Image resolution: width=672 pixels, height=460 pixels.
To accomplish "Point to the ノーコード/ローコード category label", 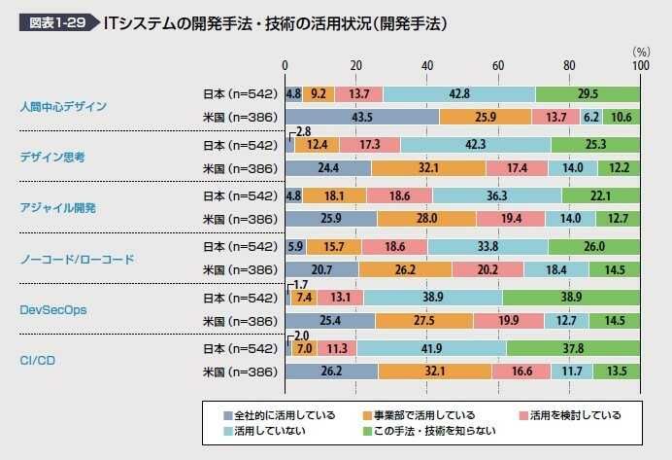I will click(x=77, y=260).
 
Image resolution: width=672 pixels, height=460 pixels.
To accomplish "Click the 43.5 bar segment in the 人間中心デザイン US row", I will click(x=362, y=117).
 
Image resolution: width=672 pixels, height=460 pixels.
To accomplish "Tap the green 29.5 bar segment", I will click(x=588, y=94).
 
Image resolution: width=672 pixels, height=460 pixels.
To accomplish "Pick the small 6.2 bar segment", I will click(x=591, y=117).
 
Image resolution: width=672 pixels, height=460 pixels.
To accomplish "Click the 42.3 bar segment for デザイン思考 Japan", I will click(x=475, y=144).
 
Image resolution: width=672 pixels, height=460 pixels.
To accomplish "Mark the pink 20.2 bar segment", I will click(x=488, y=268).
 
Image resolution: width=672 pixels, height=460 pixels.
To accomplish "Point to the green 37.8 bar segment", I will click(x=573, y=348).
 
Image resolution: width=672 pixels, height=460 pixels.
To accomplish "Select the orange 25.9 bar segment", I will click(x=486, y=117).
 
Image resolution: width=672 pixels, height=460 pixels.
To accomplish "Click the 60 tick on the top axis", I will click(x=498, y=65).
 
